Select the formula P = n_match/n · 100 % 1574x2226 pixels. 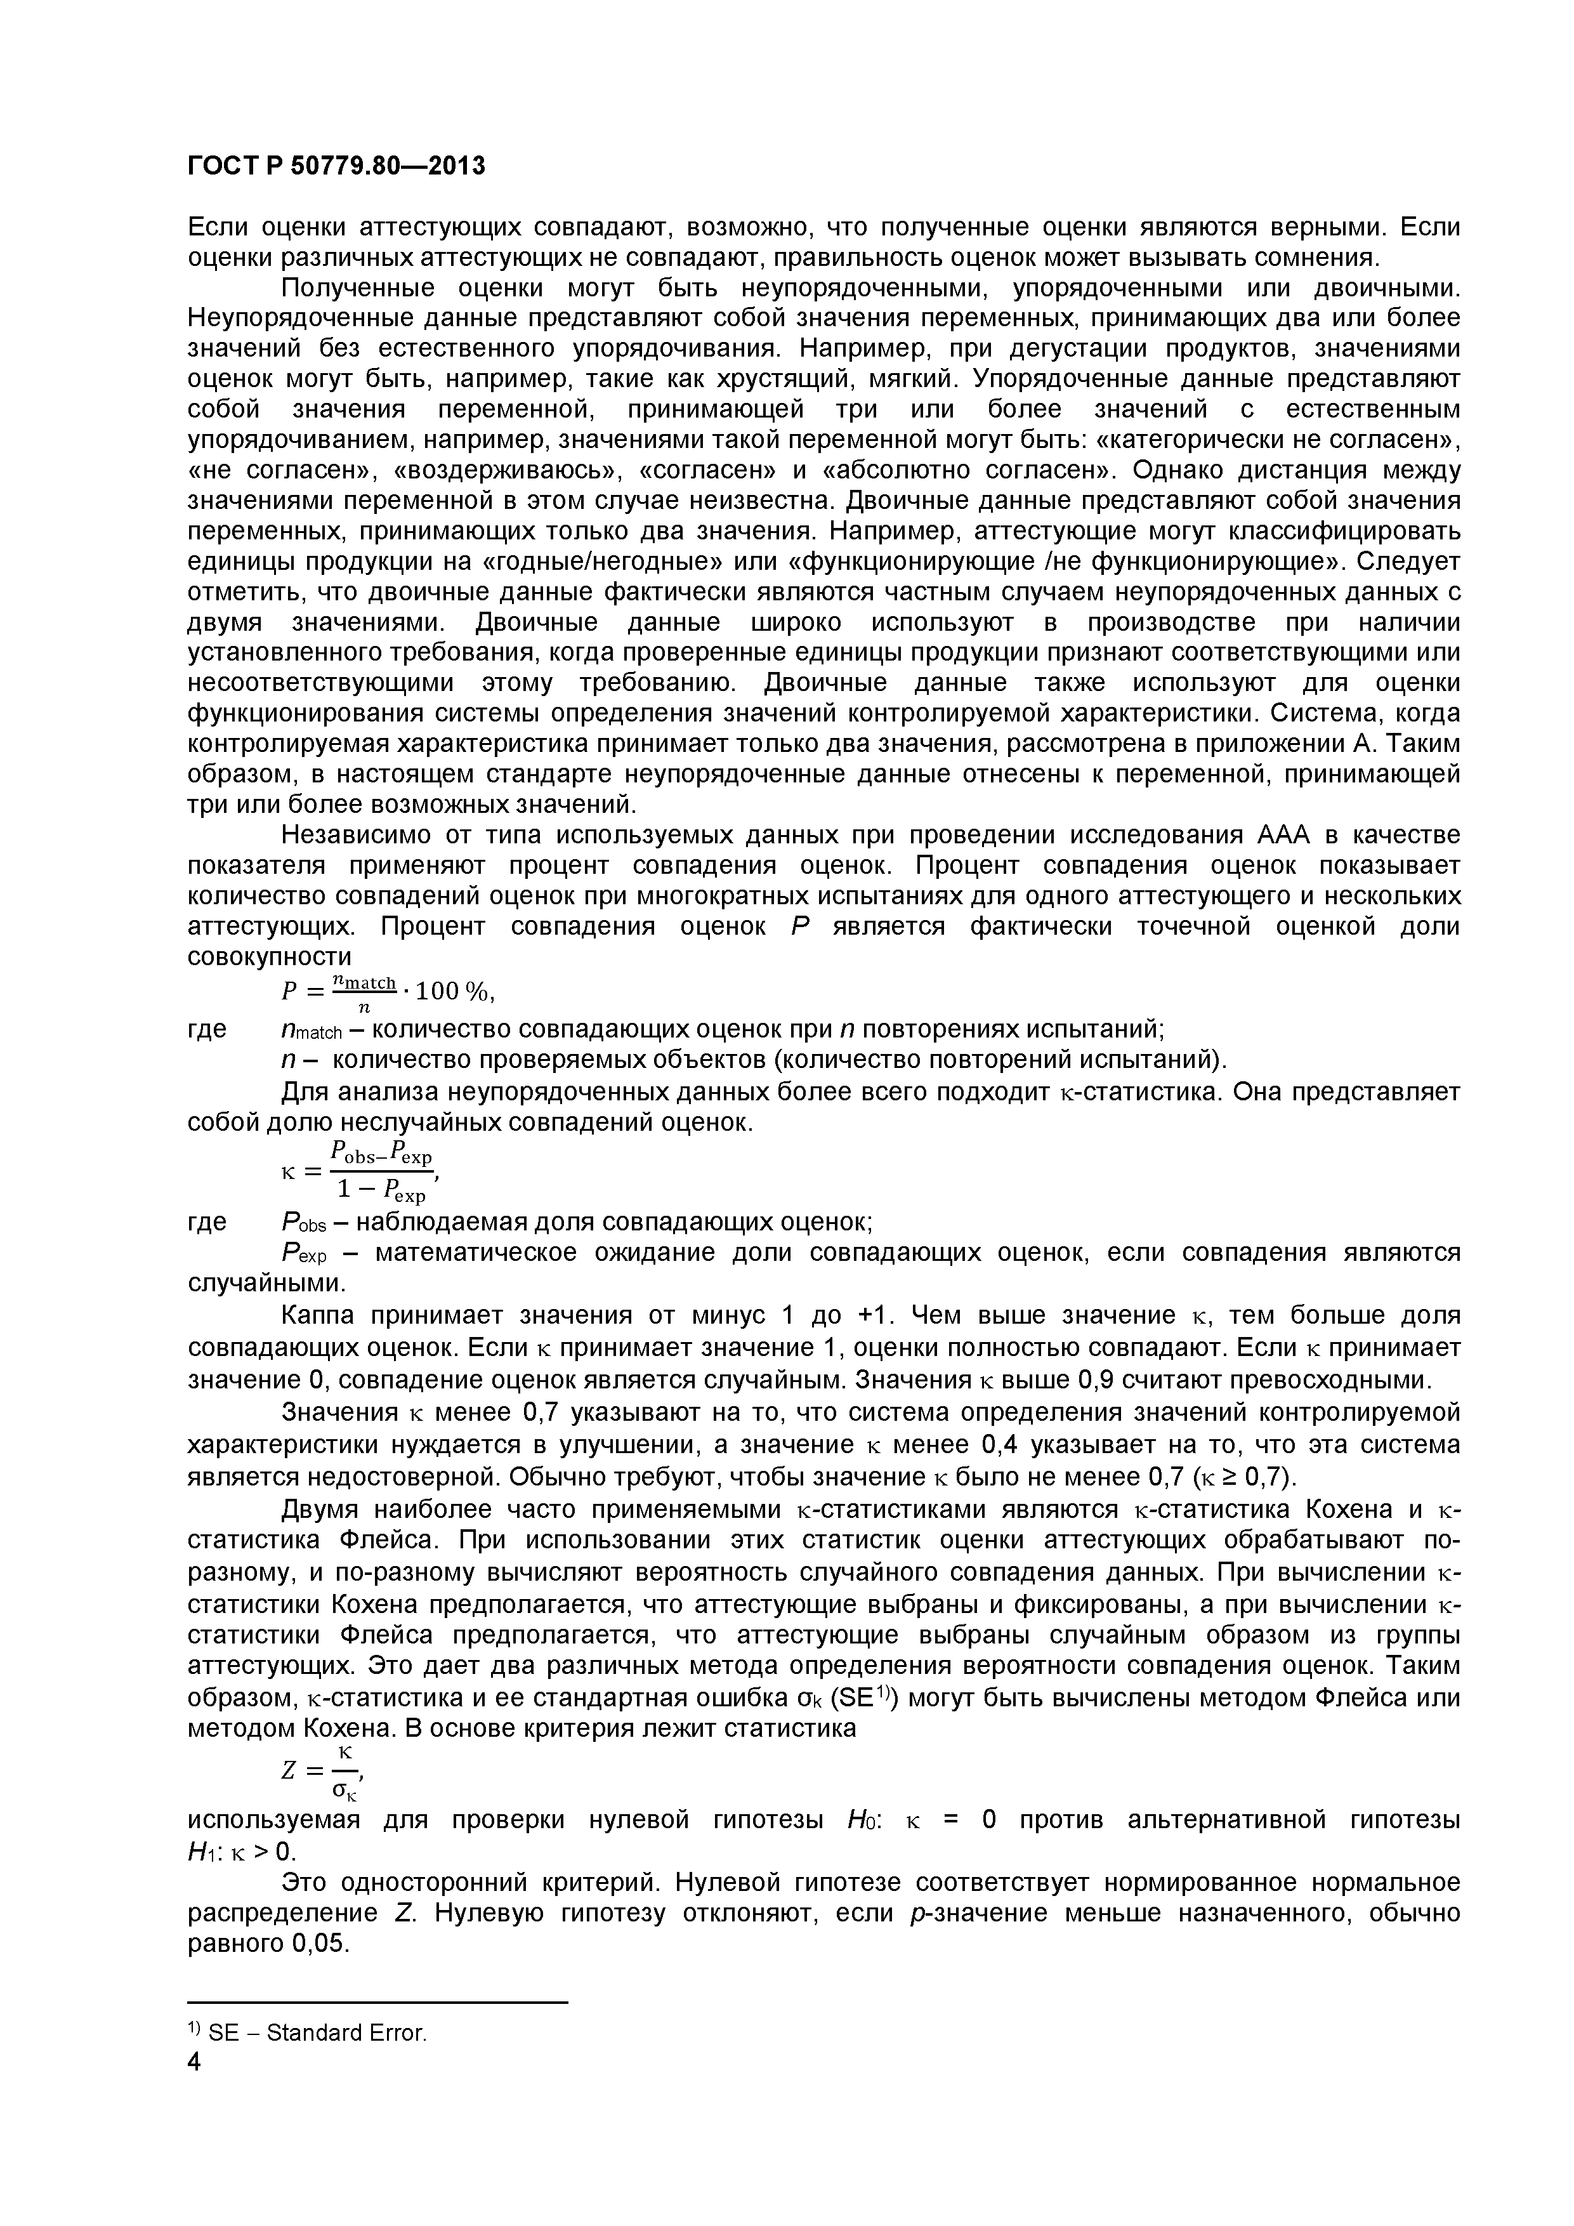(388, 991)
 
